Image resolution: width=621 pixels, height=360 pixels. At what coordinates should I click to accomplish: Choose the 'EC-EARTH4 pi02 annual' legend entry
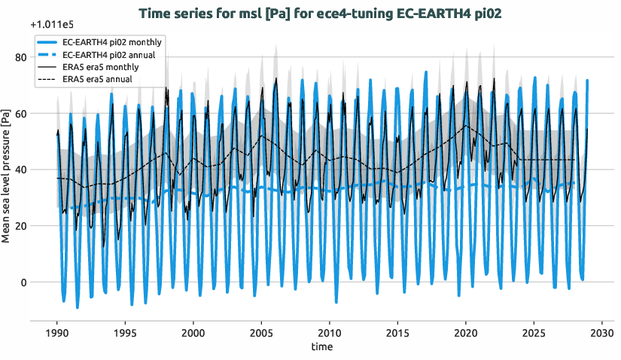pyautogui.click(x=108, y=55)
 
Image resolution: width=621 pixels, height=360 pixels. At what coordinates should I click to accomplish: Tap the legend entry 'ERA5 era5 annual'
pyautogui.click(x=98, y=79)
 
